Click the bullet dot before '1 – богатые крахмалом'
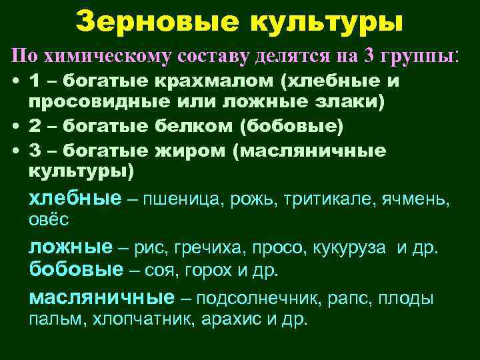[x=15, y=82]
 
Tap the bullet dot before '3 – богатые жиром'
[x=15, y=151]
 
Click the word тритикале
[x=326, y=198]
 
